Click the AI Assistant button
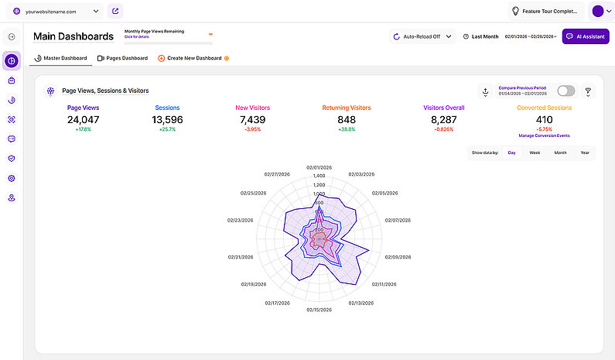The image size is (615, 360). pos(586,36)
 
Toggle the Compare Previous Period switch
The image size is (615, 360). pos(565,91)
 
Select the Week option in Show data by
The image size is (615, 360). pos(535,153)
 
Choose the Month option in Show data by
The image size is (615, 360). pos(560,153)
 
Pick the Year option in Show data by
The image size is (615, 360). pos(585,153)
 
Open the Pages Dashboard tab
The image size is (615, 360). pos(122,58)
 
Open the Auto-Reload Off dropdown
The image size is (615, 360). pos(422,36)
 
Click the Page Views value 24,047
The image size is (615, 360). pos(84,120)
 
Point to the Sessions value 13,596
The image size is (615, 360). pos(167,120)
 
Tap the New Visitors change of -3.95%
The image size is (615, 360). pos(253,130)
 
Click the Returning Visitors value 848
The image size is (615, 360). pos(347,120)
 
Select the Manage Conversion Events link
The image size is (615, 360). pos(545,135)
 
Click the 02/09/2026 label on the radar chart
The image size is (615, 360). pos(401,257)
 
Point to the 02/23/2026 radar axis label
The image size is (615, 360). pos(242,220)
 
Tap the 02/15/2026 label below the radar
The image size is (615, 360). pos(319,310)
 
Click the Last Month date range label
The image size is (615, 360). pos(484,36)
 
